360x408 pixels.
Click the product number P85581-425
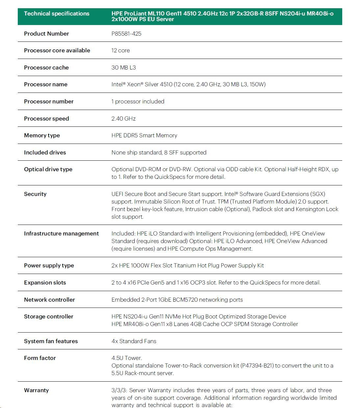[x=126, y=34]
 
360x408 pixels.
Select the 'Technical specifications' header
[x=57, y=14]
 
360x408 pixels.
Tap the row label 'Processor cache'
[x=46, y=68]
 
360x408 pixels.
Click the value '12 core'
[x=120, y=50]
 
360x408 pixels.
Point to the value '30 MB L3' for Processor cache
[x=123, y=68]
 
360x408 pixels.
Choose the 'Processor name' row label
[x=46, y=84]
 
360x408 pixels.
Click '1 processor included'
[x=138, y=101]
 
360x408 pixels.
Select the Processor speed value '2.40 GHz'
[x=123, y=119]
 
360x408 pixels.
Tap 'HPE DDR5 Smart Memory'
[x=144, y=135]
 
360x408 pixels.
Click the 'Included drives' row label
[x=45, y=152]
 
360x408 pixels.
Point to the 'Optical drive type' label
[x=48, y=169]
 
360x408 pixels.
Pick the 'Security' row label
[x=35, y=194]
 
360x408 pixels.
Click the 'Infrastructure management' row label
[x=61, y=233]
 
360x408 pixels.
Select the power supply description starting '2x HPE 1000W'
[x=188, y=265]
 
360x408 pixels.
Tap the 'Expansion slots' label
[x=45, y=283]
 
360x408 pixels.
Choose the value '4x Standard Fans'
[x=134, y=341]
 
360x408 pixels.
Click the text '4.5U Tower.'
[x=127, y=358]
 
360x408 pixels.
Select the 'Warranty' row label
[x=37, y=390]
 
